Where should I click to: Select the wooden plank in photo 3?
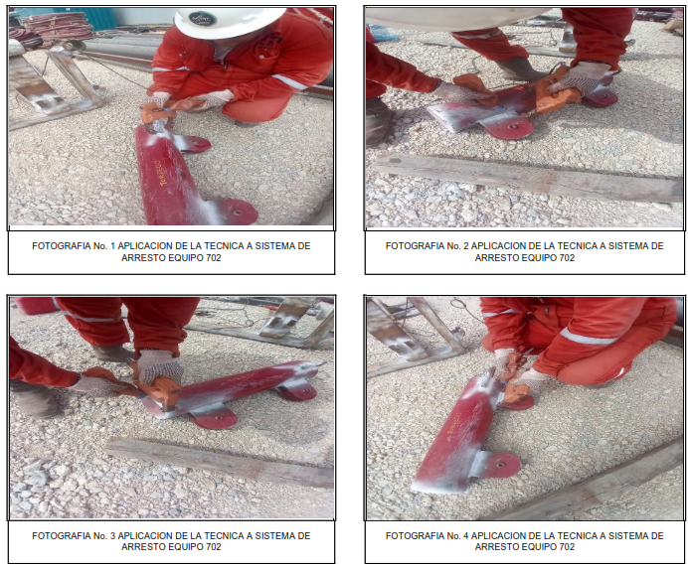coord(220,462)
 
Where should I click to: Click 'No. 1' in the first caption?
coord(104,246)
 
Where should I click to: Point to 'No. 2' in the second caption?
coord(457,246)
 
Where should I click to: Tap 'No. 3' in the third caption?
coord(104,535)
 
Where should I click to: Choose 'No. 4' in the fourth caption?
coord(457,535)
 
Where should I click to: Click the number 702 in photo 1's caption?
coord(213,258)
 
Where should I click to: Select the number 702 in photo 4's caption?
coord(567,547)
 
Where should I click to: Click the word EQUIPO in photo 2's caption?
coord(539,258)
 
